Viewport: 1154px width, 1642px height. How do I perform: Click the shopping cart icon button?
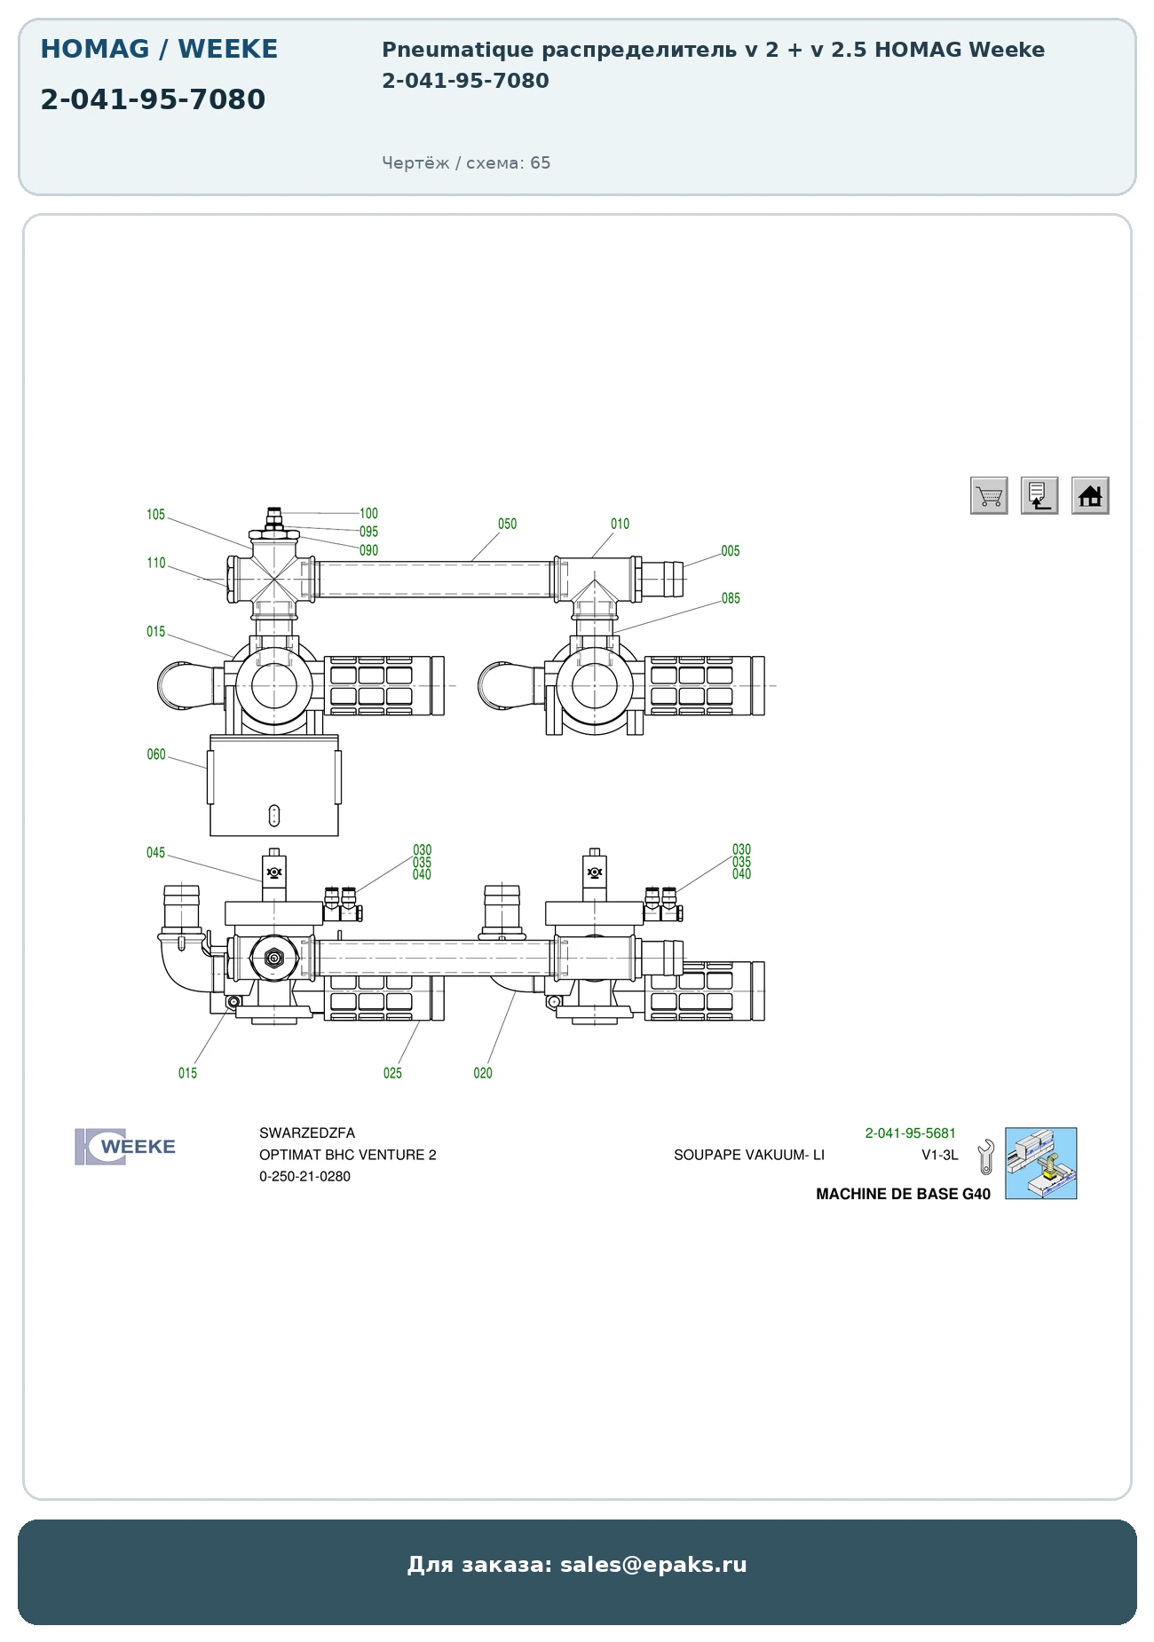989,495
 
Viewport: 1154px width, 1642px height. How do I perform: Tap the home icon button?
1090,495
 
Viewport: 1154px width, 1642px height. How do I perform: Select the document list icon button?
1039,495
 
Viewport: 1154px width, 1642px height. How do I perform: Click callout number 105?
156,515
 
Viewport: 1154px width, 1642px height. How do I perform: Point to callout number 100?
368,513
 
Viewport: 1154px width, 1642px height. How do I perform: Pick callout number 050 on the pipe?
507,524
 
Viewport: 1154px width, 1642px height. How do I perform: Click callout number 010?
620,524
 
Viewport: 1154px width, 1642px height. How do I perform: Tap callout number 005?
731,551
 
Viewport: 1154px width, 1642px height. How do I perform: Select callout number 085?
731,598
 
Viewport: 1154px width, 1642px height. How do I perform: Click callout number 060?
156,754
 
